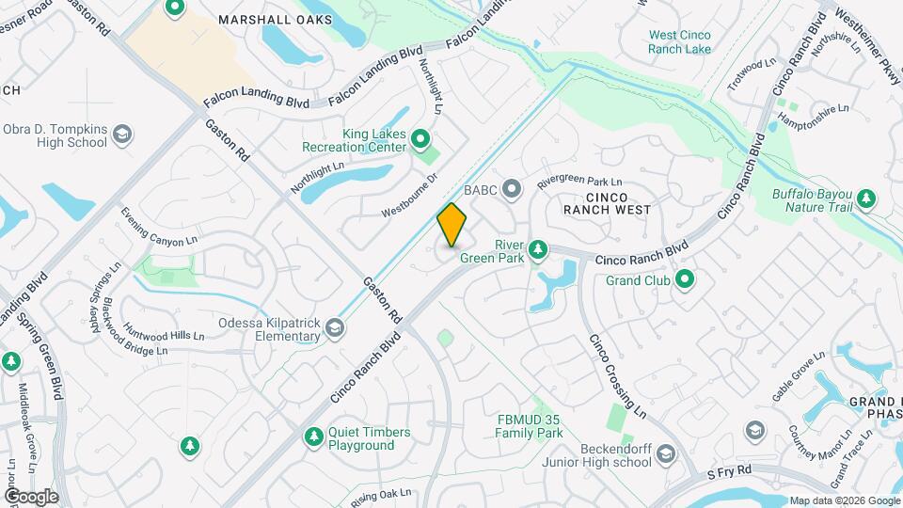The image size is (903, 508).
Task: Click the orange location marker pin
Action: point(452,224)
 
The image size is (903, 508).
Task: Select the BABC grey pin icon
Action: point(512,190)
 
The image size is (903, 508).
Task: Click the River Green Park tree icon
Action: point(538,249)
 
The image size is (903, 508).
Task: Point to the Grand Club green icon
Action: point(685,279)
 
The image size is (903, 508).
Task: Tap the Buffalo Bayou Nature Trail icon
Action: point(865,198)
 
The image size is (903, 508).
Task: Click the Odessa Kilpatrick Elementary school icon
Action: point(335,327)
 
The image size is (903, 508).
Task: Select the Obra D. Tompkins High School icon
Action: point(120,136)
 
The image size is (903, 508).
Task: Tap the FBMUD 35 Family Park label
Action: point(530,426)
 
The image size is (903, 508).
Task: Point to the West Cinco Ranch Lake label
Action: point(679,42)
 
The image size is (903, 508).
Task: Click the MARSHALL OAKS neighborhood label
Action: point(261,19)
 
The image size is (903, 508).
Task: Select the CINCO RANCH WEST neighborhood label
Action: point(607,202)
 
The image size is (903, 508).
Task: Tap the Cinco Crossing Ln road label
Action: point(618,377)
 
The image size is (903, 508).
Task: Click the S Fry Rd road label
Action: point(730,468)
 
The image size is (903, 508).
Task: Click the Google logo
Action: point(31,496)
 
